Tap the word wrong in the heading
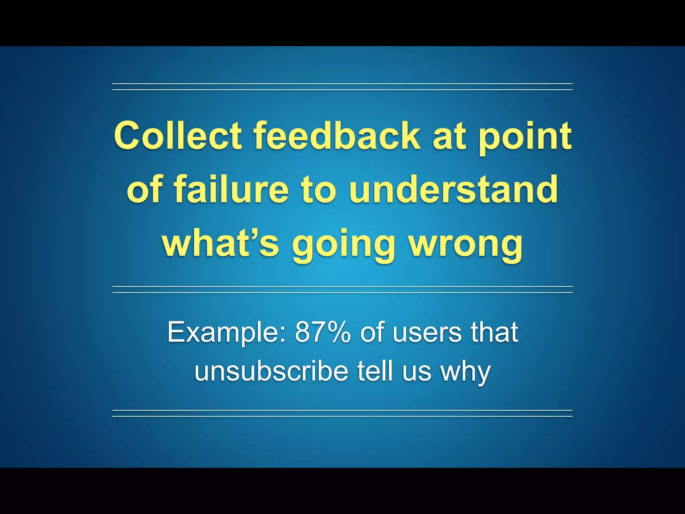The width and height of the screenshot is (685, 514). pyautogui.click(x=466, y=244)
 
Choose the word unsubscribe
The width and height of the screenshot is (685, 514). pyautogui.click(x=271, y=371)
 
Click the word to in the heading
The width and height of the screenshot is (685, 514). pyautogui.click(x=318, y=190)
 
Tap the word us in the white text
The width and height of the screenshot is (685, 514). pyautogui.click(x=417, y=372)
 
